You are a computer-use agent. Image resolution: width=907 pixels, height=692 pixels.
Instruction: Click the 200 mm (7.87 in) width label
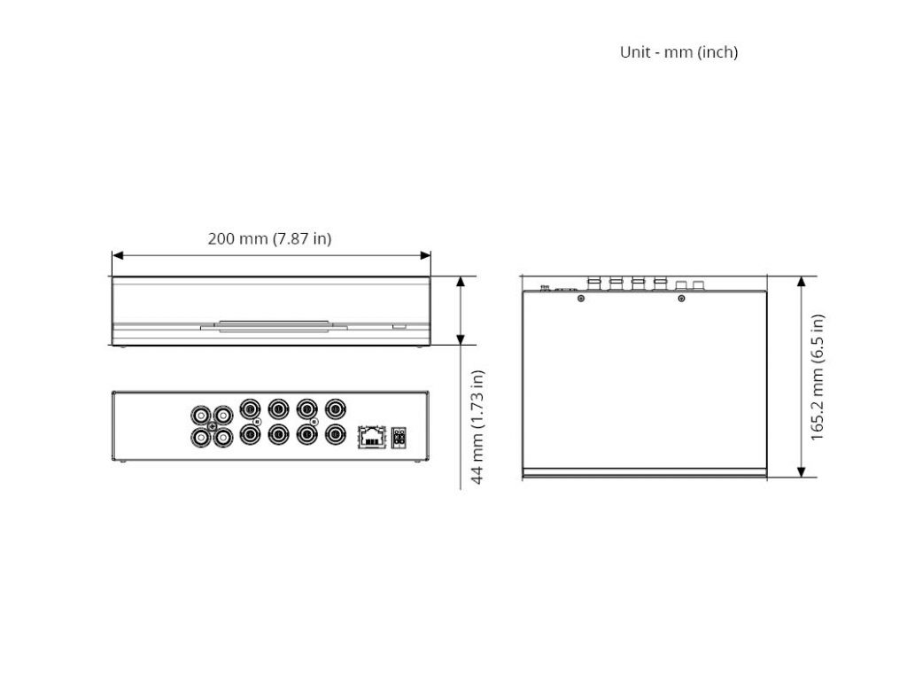pos(269,238)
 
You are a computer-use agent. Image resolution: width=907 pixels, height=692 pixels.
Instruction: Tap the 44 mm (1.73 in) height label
pos(477,427)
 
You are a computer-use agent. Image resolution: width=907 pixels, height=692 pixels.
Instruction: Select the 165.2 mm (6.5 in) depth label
pos(817,377)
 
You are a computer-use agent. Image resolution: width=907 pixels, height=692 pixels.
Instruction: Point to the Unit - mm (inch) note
pos(678,52)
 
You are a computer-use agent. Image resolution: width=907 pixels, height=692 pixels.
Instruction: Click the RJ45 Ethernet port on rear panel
pos(373,436)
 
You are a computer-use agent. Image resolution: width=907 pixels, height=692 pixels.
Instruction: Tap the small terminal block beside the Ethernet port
pos(399,438)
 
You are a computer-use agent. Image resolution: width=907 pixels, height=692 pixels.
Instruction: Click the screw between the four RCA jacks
pos(212,426)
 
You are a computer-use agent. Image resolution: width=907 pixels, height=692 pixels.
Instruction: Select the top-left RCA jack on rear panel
pos(201,416)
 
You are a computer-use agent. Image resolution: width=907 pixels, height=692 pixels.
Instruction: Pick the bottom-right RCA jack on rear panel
pos(222,438)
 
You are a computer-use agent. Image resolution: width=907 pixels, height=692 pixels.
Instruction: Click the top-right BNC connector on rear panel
pos(335,409)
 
